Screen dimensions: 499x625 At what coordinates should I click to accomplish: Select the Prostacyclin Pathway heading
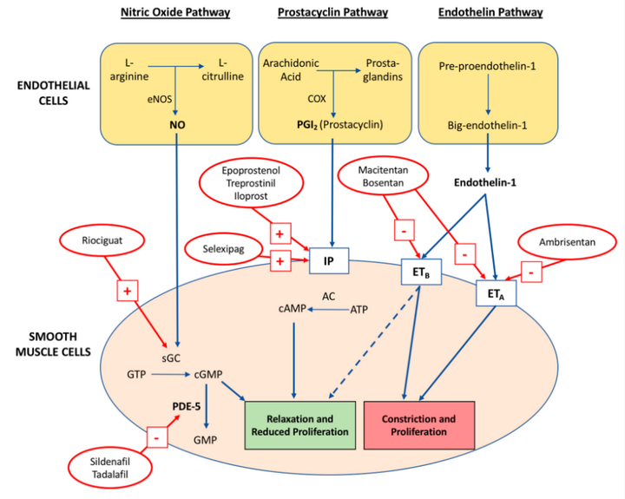tap(332, 13)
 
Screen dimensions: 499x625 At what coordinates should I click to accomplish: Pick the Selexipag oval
tap(221, 250)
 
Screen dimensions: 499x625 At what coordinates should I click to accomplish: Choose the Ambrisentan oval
tap(565, 243)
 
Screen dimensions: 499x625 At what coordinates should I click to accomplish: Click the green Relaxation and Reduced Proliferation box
tap(301, 425)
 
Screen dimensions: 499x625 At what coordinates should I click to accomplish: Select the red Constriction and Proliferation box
tap(418, 425)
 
